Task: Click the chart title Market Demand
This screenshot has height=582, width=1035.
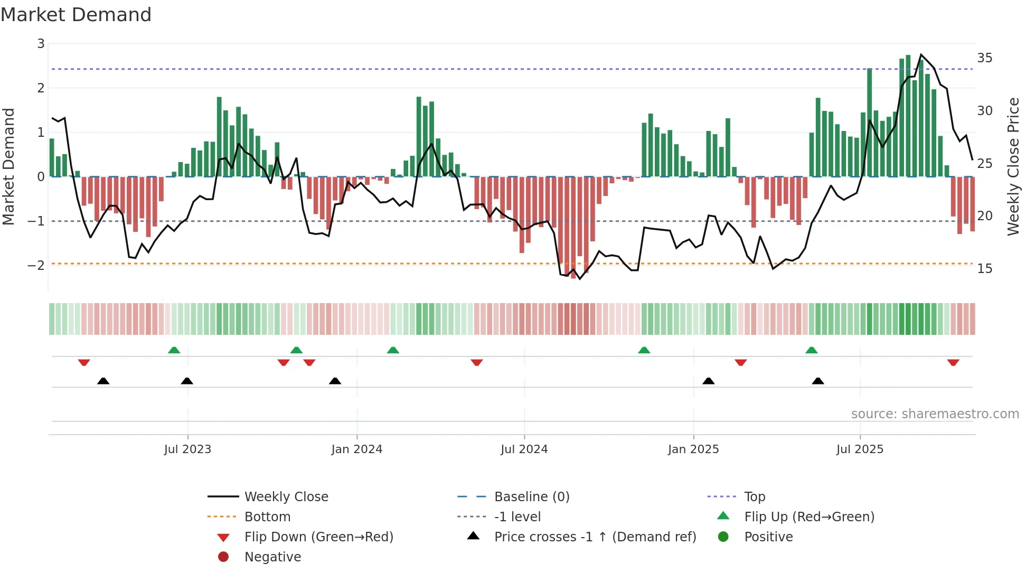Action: [76, 15]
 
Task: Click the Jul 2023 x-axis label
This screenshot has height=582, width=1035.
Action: [187, 449]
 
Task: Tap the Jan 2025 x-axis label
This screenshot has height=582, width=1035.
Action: [693, 449]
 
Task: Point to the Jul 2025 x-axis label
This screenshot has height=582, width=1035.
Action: [860, 449]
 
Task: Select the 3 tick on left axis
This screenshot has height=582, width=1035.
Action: [41, 44]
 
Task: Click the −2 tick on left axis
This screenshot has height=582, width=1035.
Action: [36, 265]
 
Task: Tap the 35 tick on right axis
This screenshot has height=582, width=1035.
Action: [984, 58]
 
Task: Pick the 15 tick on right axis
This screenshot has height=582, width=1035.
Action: [984, 269]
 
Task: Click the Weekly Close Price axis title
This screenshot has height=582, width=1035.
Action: [1013, 166]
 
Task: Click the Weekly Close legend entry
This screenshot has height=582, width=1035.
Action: [286, 497]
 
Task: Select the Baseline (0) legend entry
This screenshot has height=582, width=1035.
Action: [531, 497]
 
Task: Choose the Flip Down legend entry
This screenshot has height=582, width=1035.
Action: [318, 537]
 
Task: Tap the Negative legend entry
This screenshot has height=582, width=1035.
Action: [272, 557]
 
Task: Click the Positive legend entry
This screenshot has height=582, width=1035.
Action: [768, 537]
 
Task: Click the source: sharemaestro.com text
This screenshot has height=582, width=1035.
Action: [935, 414]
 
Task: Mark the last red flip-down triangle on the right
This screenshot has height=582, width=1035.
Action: [953, 362]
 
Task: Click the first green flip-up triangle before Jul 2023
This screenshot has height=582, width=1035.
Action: [174, 350]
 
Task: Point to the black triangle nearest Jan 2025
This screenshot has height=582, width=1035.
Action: [709, 381]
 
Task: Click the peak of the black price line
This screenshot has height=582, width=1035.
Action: [921, 55]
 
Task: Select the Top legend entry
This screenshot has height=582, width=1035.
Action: [754, 497]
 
